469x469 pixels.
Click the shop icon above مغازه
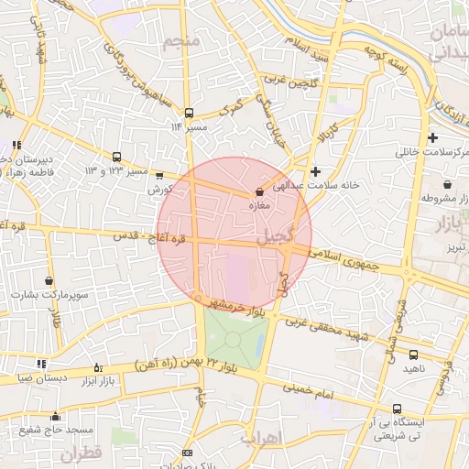pos(260,191)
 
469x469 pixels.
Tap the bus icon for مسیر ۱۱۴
pos(189,113)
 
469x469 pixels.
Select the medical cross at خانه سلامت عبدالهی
pos(316,170)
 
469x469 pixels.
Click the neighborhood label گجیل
pos(277,235)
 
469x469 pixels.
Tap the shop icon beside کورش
pos(160,175)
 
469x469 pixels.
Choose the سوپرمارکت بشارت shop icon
pos(49,280)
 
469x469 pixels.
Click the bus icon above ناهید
pos(413,354)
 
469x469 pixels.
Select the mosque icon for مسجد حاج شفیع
pos(55,416)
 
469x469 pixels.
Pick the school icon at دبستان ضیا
pos(41,364)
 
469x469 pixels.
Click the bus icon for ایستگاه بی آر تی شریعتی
pos(396,409)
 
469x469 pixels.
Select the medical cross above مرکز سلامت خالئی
pos(433,136)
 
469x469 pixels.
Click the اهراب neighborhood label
pos(258,439)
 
